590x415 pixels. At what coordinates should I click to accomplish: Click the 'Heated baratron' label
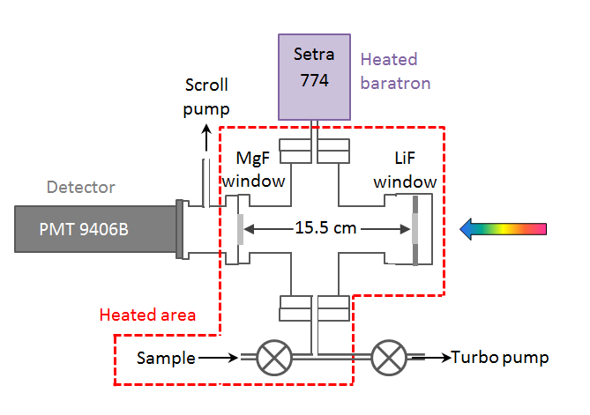coord(396,71)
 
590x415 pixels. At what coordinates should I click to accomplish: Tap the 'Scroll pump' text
coord(206,97)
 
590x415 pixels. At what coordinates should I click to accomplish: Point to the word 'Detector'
coord(81,188)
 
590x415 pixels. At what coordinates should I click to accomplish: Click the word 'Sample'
coord(165,358)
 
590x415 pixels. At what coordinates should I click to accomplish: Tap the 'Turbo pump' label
coord(500,358)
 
